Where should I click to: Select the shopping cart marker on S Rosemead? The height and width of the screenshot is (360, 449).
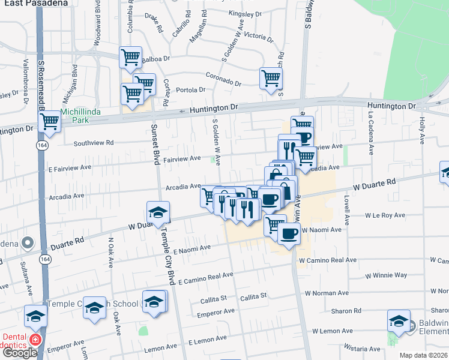tap(49, 122)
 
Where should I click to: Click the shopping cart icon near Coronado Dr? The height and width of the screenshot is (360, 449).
tap(271, 77)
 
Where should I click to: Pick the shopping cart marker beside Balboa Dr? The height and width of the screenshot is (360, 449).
tap(130, 57)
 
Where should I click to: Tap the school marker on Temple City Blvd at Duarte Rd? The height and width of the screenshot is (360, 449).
tap(158, 212)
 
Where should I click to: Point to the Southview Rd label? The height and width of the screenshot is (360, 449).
tap(93, 143)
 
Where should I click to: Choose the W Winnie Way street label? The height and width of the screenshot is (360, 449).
tap(386, 275)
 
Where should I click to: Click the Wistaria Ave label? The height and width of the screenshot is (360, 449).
tap(362, 348)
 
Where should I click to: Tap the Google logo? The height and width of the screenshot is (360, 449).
tap(20, 353)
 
